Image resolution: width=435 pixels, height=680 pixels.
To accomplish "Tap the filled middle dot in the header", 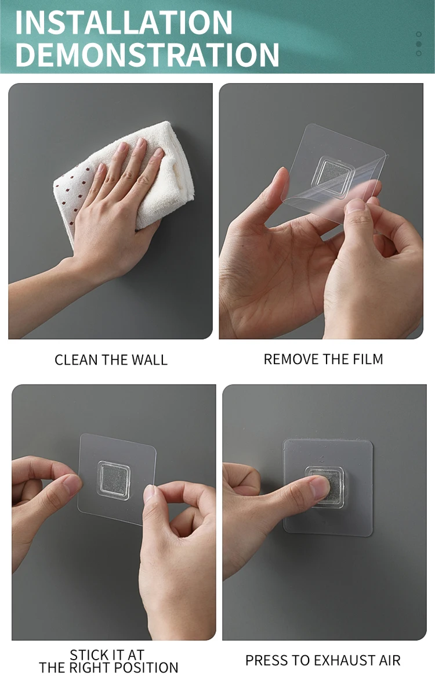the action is tap(419, 44).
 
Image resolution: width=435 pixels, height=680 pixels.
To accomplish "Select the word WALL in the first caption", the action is tap(150, 360).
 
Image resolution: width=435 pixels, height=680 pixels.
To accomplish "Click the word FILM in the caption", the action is tap(368, 359).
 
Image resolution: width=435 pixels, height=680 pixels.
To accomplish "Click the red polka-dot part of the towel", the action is tap(72, 195).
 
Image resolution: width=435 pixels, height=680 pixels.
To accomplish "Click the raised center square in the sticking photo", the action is tap(114, 480).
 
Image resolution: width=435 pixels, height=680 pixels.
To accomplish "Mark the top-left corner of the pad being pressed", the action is tap(284, 440).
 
